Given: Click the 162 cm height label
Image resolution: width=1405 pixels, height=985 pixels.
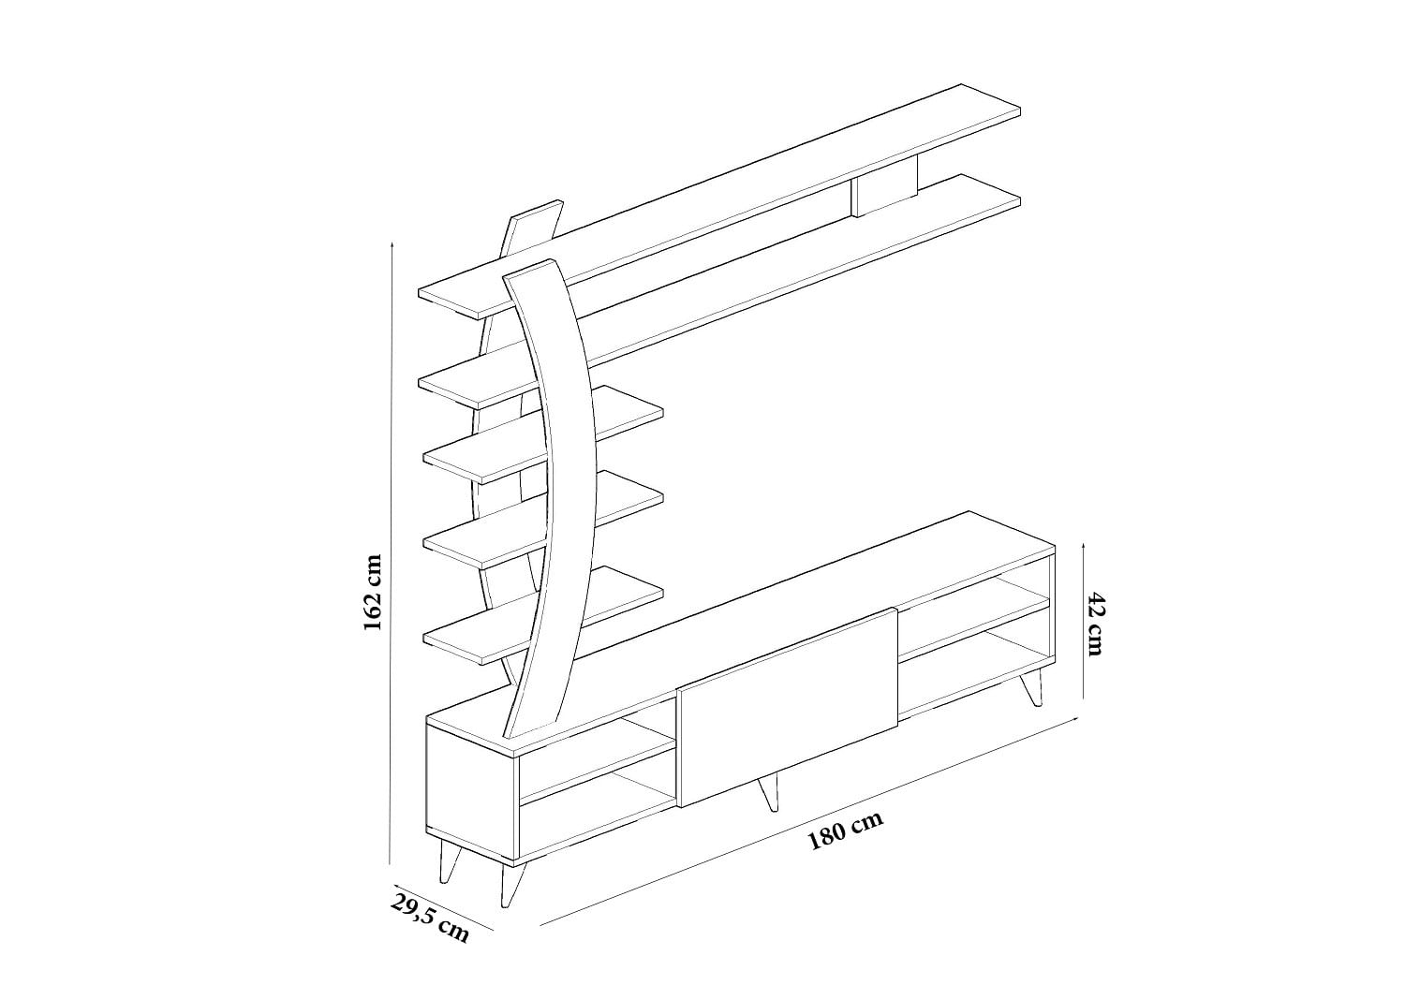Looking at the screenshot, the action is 373,593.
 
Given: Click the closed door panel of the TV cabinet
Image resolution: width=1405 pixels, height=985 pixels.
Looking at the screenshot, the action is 789,707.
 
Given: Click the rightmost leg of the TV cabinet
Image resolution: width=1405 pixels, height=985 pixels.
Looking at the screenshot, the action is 1033,686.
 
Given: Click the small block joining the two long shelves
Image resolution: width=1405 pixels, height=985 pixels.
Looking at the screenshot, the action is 884,186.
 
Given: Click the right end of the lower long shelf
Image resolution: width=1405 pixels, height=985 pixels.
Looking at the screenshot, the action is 1019,198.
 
